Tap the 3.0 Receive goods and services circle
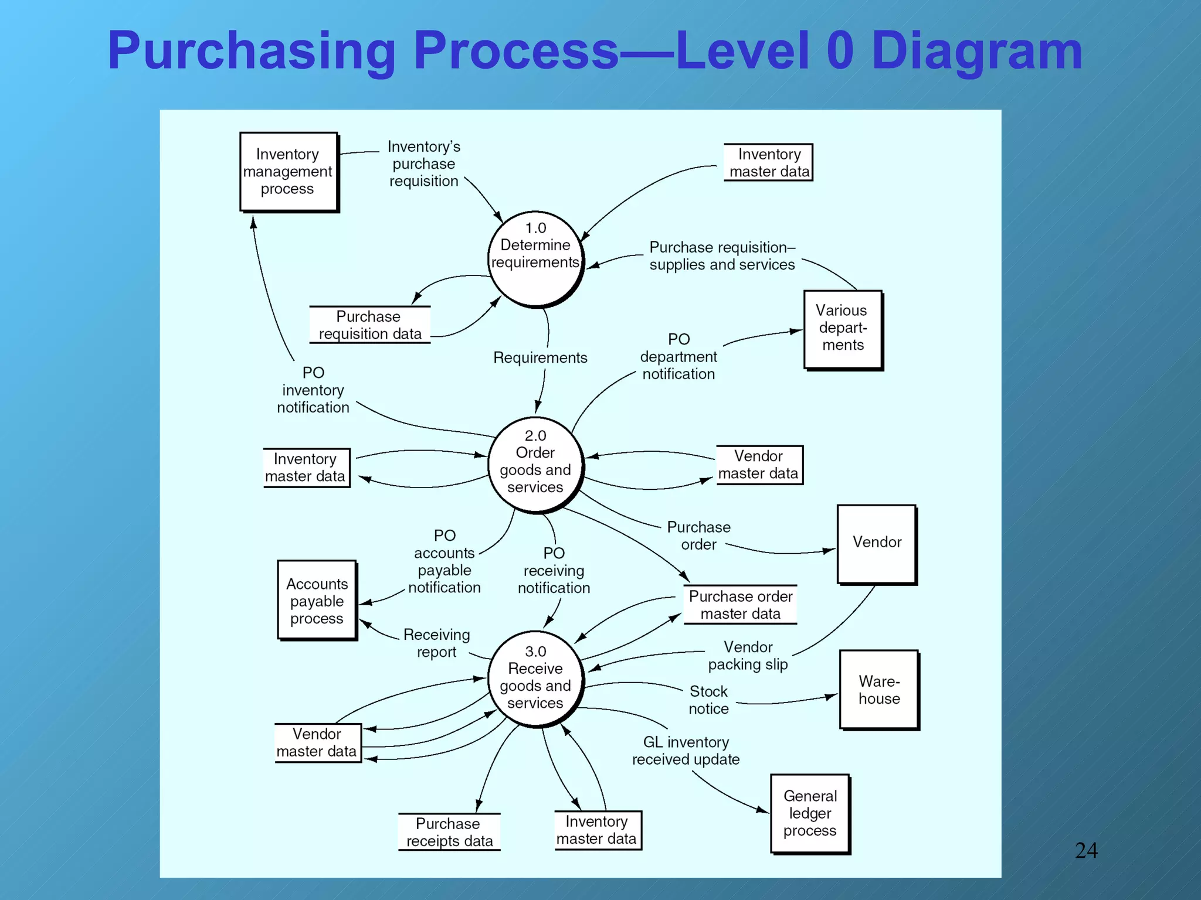tap(535, 679)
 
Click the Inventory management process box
tap(288, 172)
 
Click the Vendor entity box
tap(877, 543)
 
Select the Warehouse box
tap(878, 690)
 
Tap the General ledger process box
tap(810, 813)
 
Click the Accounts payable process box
tap(317, 601)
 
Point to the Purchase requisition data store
tap(369, 325)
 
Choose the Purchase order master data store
tap(740, 605)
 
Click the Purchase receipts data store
tap(449, 832)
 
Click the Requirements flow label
tap(540, 357)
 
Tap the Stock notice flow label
tap(708, 700)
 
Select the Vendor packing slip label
tap(748, 656)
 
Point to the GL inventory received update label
tap(686, 751)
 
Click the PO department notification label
tap(678, 356)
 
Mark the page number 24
tap(1085, 850)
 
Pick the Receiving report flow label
tap(437, 643)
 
